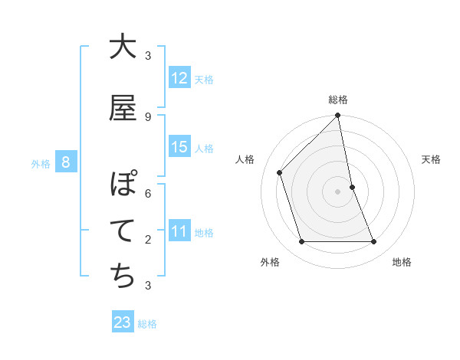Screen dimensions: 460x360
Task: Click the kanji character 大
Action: (x=123, y=47)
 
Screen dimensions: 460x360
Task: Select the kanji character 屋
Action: (x=123, y=109)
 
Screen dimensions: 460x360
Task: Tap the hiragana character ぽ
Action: (x=123, y=185)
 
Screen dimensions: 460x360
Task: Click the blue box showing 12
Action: (x=179, y=78)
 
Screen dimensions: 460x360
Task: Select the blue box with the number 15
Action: (x=179, y=147)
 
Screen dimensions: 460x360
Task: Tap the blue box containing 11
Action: (x=179, y=231)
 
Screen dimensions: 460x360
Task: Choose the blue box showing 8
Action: (x=66, y=162)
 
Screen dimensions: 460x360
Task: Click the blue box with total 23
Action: (x=123, y=322)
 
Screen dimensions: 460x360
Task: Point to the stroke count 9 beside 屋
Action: (x=148, y=117)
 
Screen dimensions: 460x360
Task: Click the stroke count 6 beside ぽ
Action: (x=148, y=194)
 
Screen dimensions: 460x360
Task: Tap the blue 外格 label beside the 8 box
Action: (x=40, y=162)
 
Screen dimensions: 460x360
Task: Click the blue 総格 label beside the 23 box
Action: (x=147, y=323)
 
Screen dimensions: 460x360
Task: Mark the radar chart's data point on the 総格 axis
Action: (x=337, y=116)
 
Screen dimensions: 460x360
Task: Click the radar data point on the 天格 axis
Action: (x=352, y=187)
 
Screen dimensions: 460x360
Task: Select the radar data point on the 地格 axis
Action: (x=373, y=242)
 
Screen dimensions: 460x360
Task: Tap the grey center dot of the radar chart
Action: (x=337, y=191)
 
